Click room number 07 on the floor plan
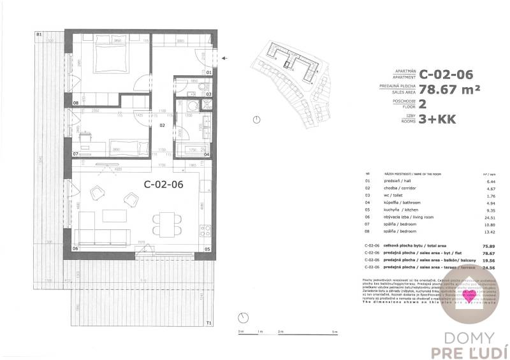(x=76, y=154)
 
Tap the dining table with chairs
(x=164, y=221)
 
